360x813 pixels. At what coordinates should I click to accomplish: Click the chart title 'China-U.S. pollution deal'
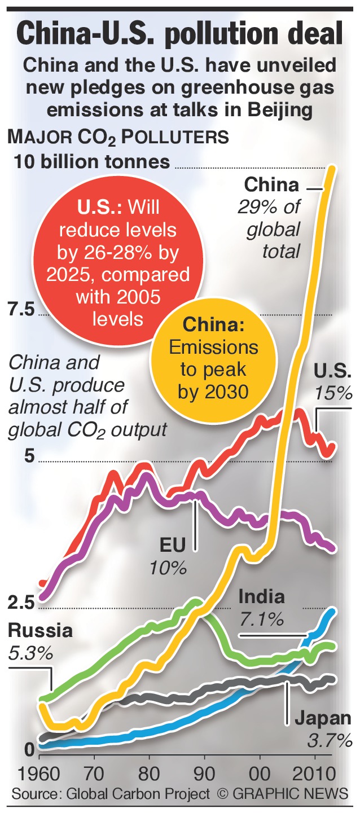point(179,34)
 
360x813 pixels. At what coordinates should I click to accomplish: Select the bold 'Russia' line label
point(41,630)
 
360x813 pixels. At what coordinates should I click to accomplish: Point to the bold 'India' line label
point(261,596)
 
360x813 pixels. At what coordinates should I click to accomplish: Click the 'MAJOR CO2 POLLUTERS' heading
point(117,137)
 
